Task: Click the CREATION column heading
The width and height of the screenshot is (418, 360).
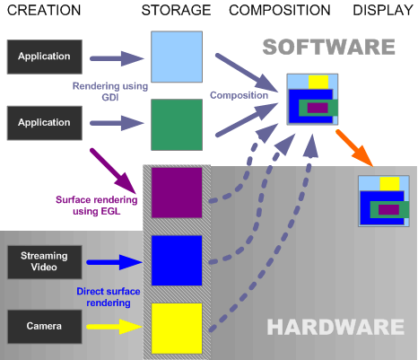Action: pos(44,10)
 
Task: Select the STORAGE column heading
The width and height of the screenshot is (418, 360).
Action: pos(176,10)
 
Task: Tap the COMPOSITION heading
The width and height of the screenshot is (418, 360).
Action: pos(280,10)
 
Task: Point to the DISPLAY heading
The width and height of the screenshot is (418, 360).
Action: pos(383,10)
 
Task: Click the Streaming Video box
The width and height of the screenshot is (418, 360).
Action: pos(45,262)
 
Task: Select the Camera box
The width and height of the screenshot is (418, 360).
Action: pos(45,327)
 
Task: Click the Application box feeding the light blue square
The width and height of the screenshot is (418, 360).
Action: pos(45,57)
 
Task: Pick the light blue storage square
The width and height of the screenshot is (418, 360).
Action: pos(177,57)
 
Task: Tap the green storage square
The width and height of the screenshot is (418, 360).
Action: pos(177,125)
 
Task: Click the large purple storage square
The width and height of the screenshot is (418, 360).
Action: pos(177,192)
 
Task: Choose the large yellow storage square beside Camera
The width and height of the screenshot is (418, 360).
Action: pos(177,329)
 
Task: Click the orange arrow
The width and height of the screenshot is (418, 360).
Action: pos(354,148)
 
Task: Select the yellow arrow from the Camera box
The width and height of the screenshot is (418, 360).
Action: pos(115,327)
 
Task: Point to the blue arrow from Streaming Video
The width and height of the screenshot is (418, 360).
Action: pos(115,262)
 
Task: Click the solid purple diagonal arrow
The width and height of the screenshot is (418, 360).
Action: pos(114,171)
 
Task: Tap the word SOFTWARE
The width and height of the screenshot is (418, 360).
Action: pos(329,47)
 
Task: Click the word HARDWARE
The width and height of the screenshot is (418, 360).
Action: pos(335,327)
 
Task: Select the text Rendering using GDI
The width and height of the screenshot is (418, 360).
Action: pos(110,92)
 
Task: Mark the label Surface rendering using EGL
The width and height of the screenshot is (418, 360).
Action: pos(97,206)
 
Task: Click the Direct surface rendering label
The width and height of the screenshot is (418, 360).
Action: pos(109,297)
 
